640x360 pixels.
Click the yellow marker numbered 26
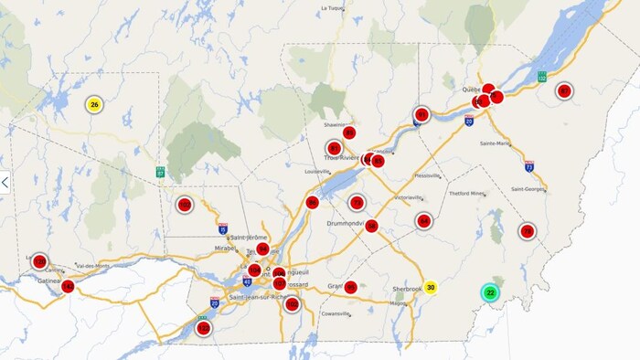[94, 105]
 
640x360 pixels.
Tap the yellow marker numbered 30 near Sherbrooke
[431, 287]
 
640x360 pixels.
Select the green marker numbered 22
[491, 293]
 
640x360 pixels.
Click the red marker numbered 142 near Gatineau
[68, 287]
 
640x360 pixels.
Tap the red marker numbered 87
[335, 148]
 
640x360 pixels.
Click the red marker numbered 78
[527, 231]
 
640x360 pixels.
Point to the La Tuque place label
[331, 8]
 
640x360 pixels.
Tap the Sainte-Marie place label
[495, 143]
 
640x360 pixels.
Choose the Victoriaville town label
[408, 196]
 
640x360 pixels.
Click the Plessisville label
[427, 175]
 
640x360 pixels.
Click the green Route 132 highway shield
[542, 76]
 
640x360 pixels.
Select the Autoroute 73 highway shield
[528, 167]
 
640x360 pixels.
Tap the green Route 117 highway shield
[160, 171]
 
